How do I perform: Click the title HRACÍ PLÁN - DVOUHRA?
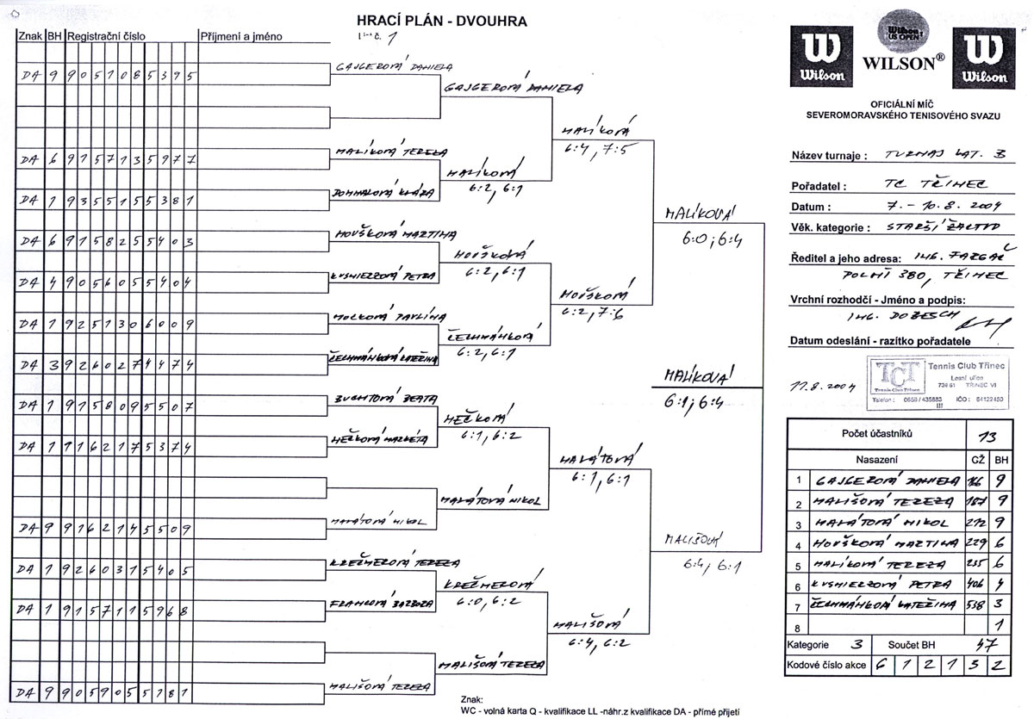point(442,20)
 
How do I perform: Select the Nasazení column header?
point(876,460)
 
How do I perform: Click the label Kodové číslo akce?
point(825,666)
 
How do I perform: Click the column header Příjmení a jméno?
point(241,37)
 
